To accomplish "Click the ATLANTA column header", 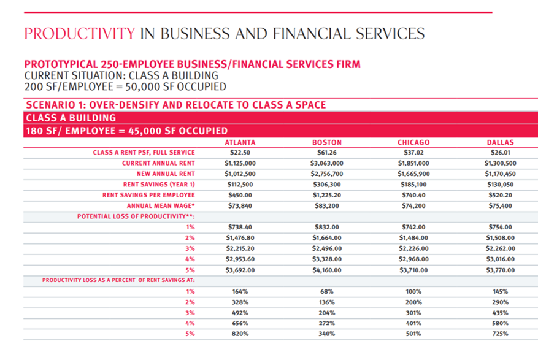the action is [x=240, y=142].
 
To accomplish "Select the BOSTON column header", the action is [x=326, y=142].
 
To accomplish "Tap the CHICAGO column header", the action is [x=413, y=142].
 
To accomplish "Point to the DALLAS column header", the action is [x=500, y=142].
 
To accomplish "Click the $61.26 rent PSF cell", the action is [x=326, y=153].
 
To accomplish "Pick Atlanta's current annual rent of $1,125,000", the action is [x=240, y=163].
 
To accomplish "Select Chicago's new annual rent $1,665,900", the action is [x=413, y=174].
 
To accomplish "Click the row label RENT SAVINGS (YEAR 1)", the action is [x=159, y=185].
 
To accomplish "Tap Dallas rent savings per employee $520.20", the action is [x=500, y=195].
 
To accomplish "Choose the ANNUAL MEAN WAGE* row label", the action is [x=161, y=205].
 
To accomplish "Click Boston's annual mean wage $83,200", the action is [x=326, y=205].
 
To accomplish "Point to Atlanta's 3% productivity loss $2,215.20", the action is [x=240, y=248].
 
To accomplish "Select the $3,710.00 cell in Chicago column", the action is [x=413, y=270].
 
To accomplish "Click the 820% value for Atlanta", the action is [x=240, y=334].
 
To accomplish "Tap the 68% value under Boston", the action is [x=326, y=291].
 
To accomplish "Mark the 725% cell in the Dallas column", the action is [x=500, y=334].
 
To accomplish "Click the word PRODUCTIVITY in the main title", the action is [x=80, y=34].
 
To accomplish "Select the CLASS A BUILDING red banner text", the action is [x=71, y=118].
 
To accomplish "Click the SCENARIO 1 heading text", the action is [x=175, y=105].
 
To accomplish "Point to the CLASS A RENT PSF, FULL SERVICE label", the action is [x=144, y=153].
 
